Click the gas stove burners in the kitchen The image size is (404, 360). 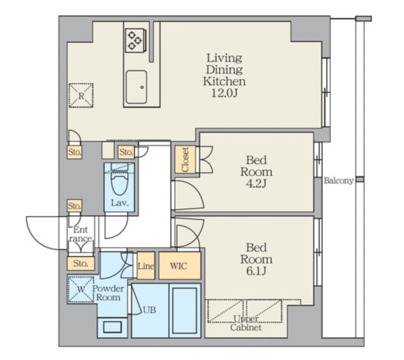pos(136,41)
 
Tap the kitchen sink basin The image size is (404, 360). pos(137,86)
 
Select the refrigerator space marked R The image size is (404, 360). pos(81,95)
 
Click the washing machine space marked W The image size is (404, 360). pos(81,289)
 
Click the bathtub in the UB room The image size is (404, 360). pos(185,310)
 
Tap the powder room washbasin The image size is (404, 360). pos(112,327)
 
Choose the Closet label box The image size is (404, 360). pos(185,159)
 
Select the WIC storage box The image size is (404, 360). pos(180,265)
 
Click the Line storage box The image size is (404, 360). pos(146,265)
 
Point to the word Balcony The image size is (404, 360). pos(339,180)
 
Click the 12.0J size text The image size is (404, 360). pos(224,93)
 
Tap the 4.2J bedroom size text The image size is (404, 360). pos(256,183)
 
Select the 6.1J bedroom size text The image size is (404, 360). pos(256,271)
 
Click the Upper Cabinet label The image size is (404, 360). pos(246,323)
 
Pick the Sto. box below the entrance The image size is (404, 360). pos(81,263)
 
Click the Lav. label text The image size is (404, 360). pos(120,203)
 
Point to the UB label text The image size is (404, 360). pos(149,310)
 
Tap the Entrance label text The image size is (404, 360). pos(81,234)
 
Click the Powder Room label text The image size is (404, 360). pos(108,293)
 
